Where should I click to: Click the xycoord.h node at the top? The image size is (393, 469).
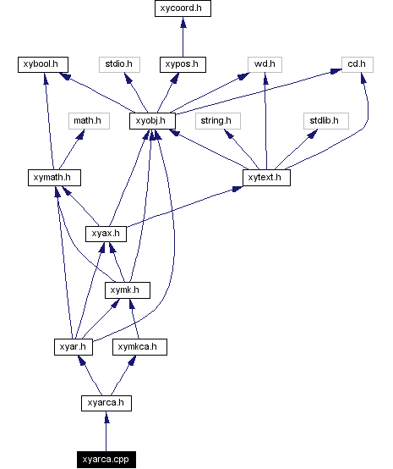183,8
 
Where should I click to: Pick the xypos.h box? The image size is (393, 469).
183,64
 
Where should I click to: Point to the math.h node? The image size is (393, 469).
86,121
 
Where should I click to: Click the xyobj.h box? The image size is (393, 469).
152,121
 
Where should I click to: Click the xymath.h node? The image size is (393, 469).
53,178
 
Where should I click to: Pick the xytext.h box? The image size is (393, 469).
266,178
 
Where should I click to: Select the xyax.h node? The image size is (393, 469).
106,234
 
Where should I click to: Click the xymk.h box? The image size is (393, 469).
128,290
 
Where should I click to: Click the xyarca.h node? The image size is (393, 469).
106,403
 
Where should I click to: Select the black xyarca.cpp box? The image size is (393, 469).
106,459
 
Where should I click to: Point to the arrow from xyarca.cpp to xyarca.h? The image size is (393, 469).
106,431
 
